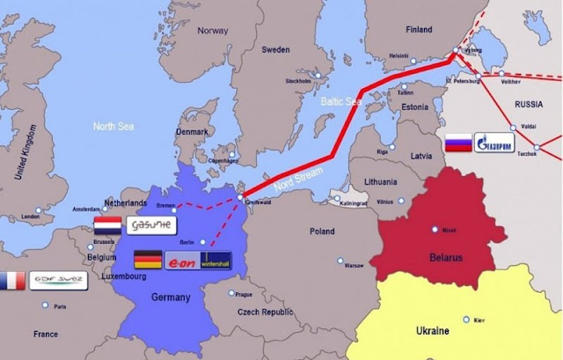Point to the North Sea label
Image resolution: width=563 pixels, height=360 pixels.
click(114, 126)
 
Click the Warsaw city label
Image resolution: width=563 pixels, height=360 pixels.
click(354, 265)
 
